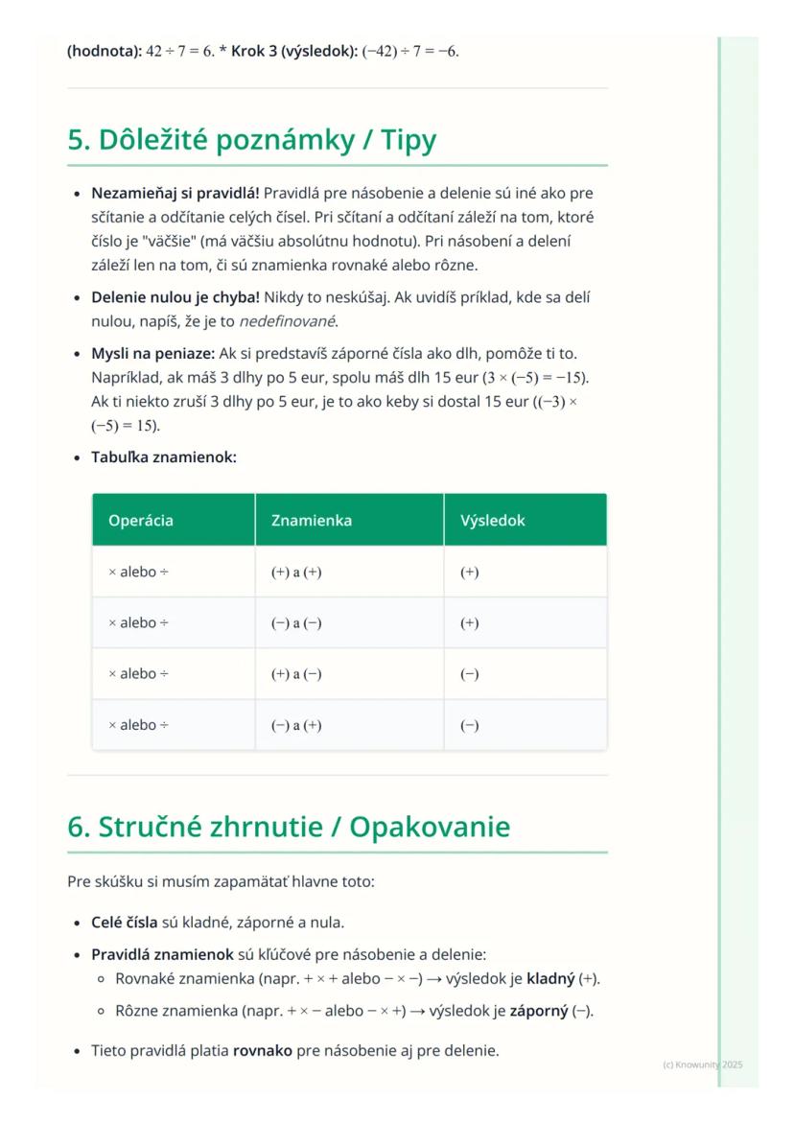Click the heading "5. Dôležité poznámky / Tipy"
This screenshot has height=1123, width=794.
pyautogui.click(x=251, y=141)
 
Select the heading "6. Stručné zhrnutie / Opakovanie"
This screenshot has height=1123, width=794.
pyautogui.click(x=288, y=828)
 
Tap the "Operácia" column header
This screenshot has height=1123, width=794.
pyautogui.click(x=141, y=521)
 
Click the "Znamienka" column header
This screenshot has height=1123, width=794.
pyautogui.click(x=312, y=521)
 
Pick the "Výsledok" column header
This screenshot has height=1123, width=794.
pyautogui.click(x=493, y=521)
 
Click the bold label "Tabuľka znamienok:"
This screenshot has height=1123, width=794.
pyautogui.click(x=164, y=457)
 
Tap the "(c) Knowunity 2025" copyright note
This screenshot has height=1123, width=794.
pyautogui.click(x=702, y=1065)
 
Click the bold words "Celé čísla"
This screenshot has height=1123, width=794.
pyautogui.click(x=124, y=923)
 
